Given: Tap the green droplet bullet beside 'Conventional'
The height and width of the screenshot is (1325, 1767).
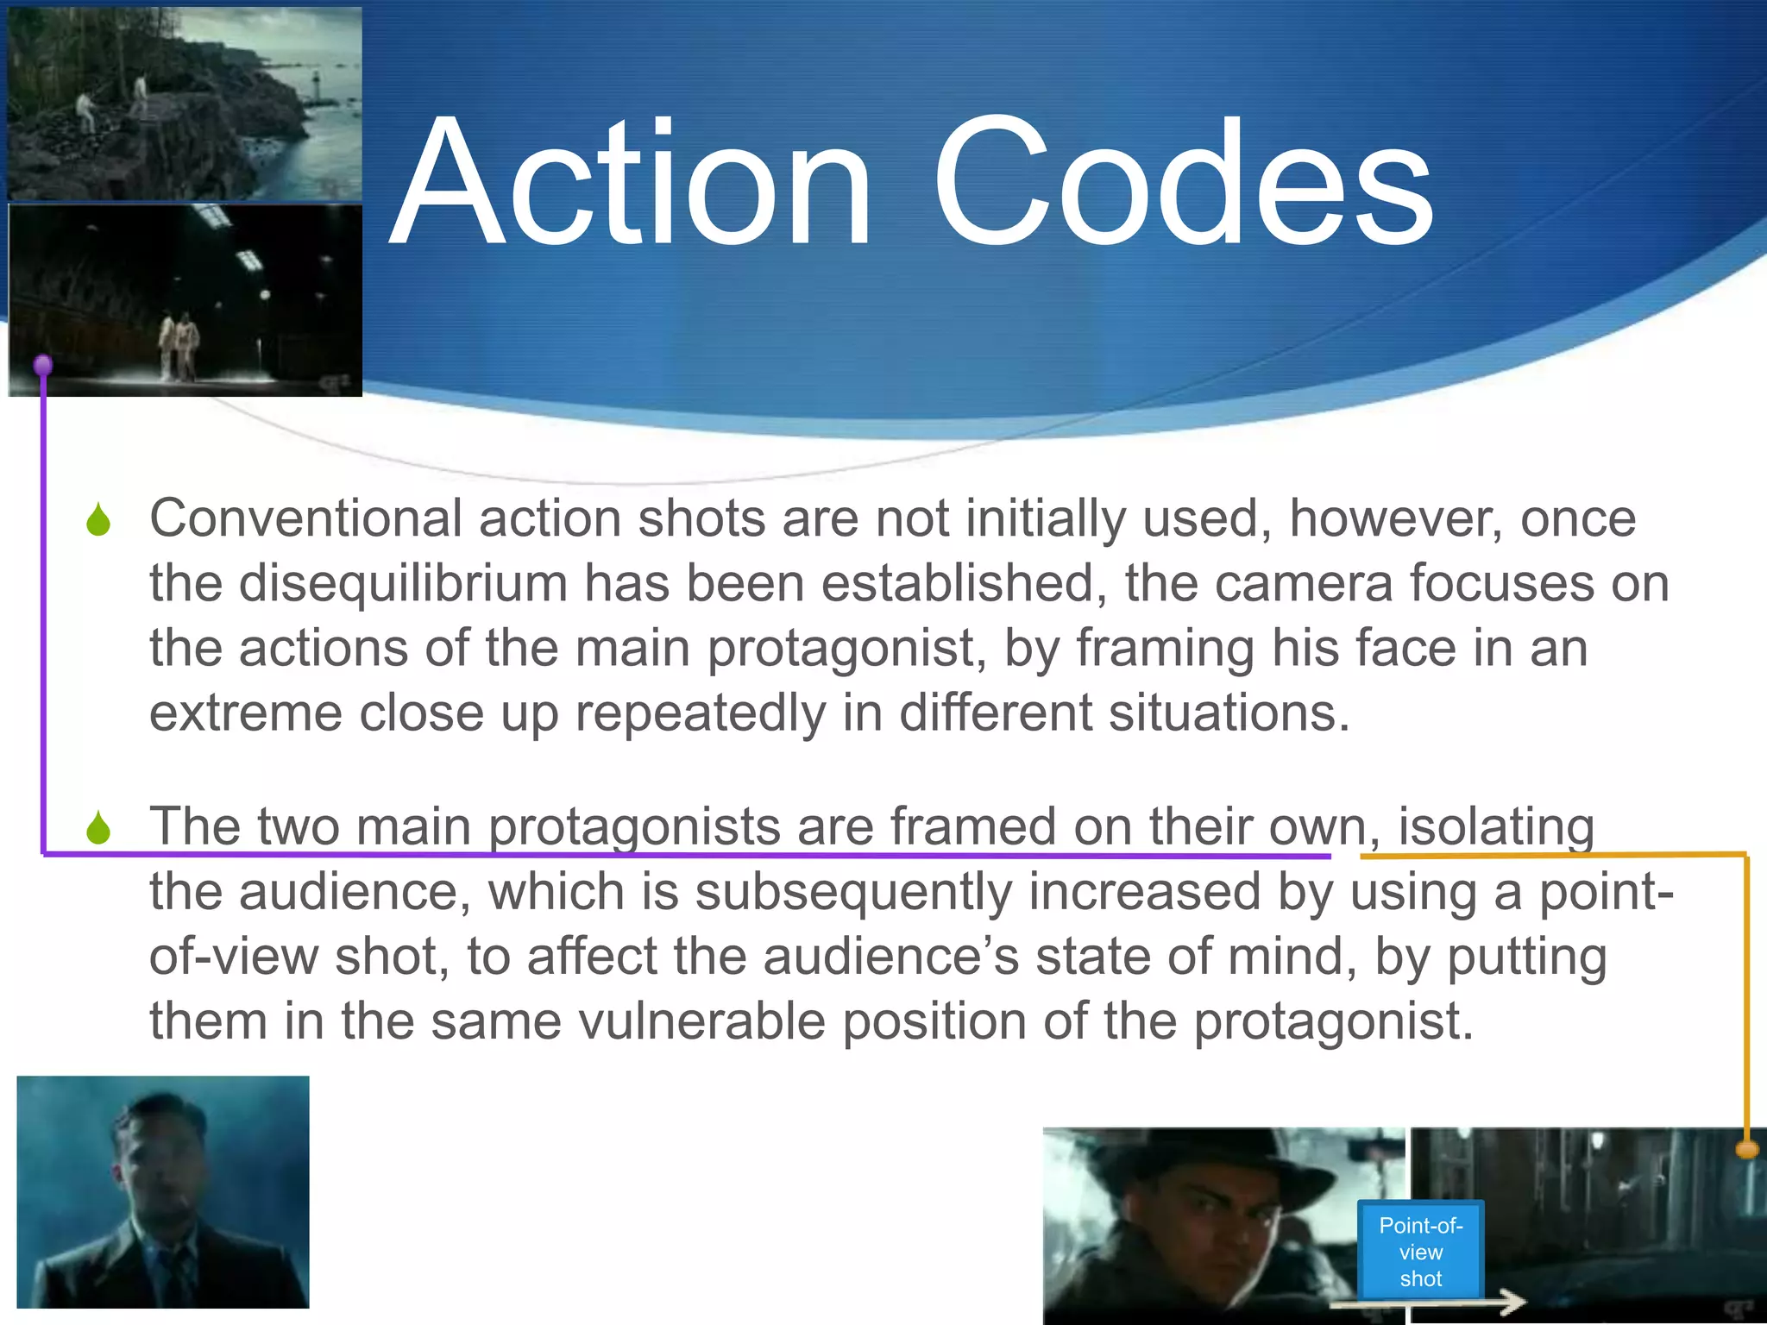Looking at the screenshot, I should click(x=98, y=520).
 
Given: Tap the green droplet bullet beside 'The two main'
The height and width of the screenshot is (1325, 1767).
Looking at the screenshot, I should click(x=98, y=828).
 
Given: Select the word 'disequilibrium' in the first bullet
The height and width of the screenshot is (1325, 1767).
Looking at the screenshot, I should click(x=402, y=583).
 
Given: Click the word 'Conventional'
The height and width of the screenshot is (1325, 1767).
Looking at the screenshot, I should click(x=305, y=518).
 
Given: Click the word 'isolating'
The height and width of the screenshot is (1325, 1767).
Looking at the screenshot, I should click(x=1495, y=826).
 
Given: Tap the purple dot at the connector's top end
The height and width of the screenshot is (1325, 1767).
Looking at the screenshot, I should click(x=43, y=366).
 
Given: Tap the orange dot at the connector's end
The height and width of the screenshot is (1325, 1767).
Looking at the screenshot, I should click(x=1747, y=1149).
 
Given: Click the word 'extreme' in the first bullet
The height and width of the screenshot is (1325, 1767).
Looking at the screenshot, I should click(x=245, y=713).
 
